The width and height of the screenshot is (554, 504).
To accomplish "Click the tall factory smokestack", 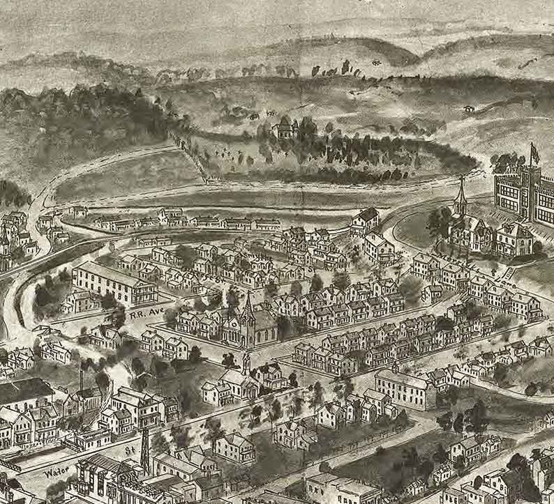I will point(82,380).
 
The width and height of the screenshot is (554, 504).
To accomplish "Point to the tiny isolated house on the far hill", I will point(469,109).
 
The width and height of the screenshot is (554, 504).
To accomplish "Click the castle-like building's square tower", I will point(534,174).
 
